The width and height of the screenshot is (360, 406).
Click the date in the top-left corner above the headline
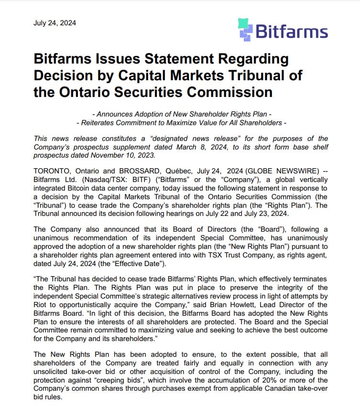tap(55, 23)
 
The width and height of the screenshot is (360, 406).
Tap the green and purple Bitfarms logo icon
tap(245, 29)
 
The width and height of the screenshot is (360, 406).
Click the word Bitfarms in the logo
tap(292, 31)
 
